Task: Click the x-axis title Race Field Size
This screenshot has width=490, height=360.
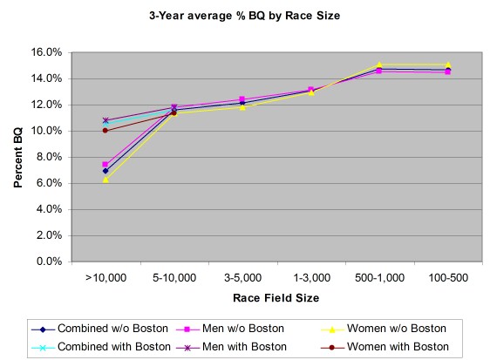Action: (x=276, y=298)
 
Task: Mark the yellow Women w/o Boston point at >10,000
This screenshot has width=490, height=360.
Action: (x=105, y=180)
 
